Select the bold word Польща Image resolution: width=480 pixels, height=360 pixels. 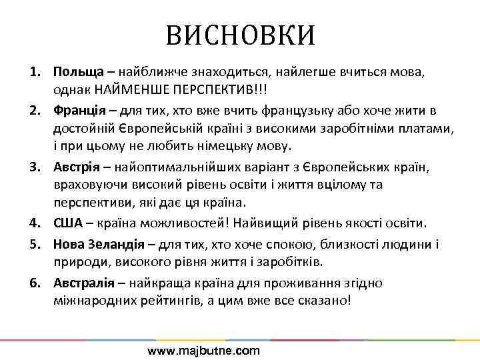point(78,71)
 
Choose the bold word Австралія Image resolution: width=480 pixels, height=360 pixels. point(86,283)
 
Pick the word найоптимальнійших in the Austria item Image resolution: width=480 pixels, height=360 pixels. point(175,165)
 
